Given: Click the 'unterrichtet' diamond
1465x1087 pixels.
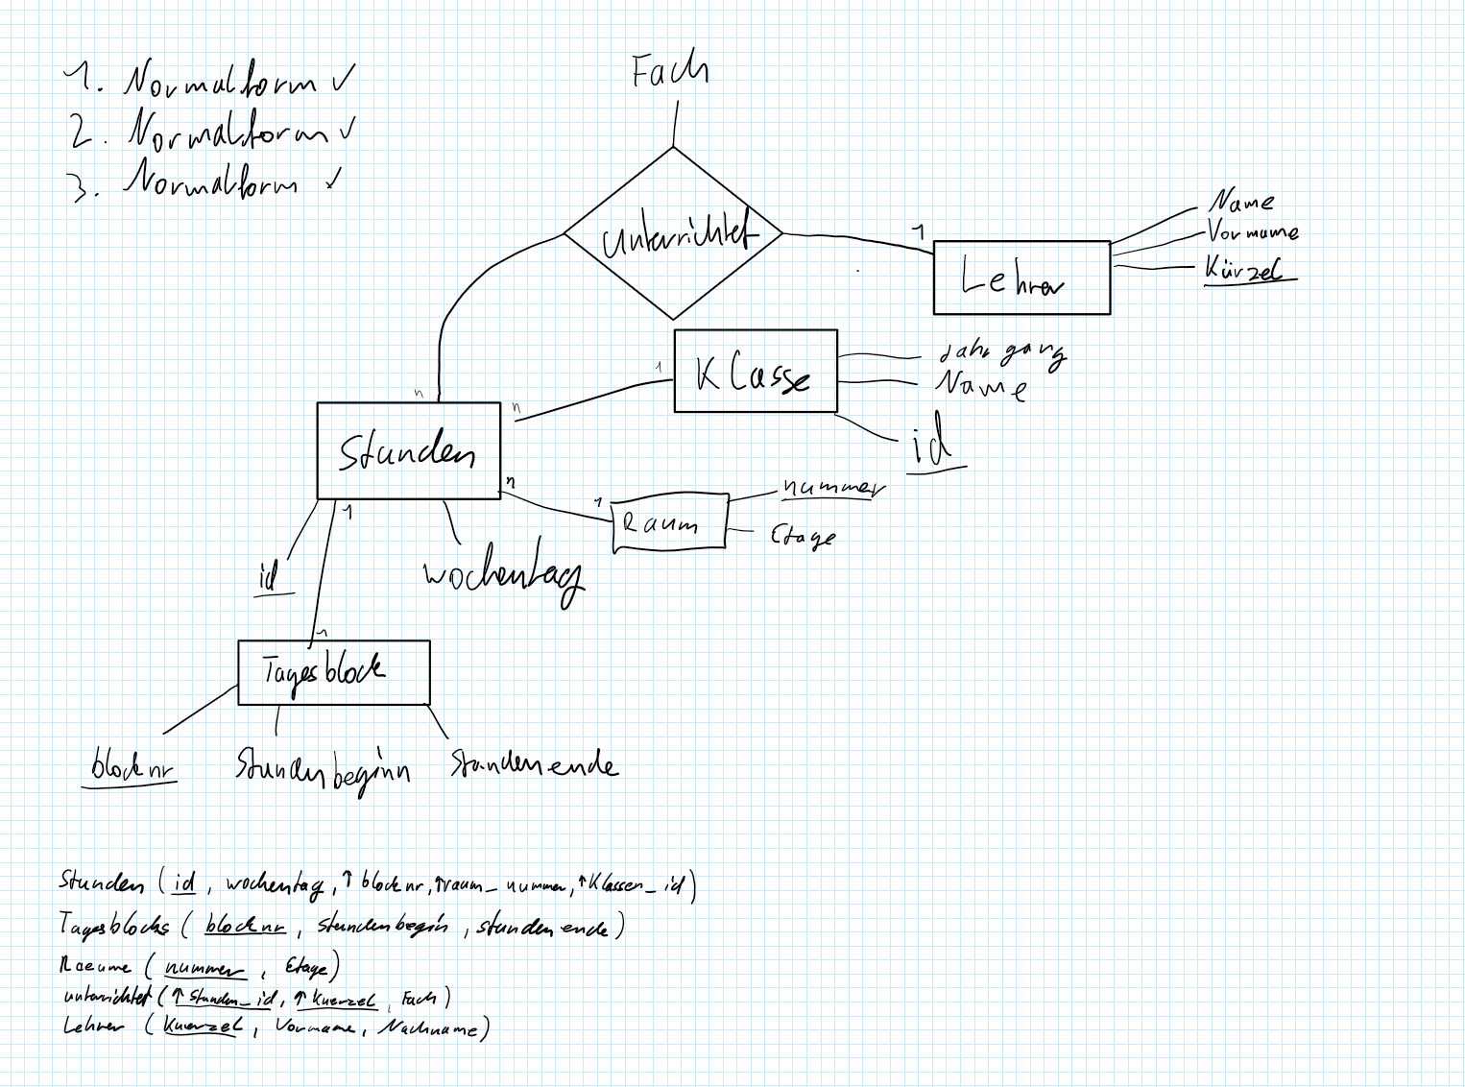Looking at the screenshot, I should pyautogui.click(x=673, y=233).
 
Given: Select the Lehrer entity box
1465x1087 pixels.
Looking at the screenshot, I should pyautogui.click(x=1021, y=278).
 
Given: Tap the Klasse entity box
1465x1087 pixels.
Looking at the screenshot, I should pyautogui.click(x=756, y=372).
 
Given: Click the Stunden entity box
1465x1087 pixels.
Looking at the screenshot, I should pyautogui.click(x=409, y=450).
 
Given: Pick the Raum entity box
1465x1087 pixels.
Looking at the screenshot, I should pyautogui.click(x=669, y=523).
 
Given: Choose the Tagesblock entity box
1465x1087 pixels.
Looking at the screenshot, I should pyautogui.click(x=333, y=672).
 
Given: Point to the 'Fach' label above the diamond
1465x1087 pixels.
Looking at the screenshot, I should pyautogui.click(x=669, y=71).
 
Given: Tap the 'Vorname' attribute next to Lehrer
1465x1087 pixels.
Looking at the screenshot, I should pyautogui.click(x=1252, y=232).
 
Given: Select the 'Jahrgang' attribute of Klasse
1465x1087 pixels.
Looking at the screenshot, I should pyautogui.click(x=1001, y=354).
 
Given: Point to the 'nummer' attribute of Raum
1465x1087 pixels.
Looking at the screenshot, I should pyautogui.click(x=831, y=488).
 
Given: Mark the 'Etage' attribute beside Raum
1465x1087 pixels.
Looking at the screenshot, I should pyautogui.click(x=803, y=536).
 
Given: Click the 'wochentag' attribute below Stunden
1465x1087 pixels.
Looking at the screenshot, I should pyautogui.click(x=503, y=573).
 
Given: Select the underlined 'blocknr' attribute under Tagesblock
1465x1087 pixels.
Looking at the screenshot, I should pyautogui.click(x=132, y=768).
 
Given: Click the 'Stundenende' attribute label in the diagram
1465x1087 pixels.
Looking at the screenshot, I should pyautogui.click(x=534, y=764).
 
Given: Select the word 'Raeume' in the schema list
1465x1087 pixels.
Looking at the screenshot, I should pyautogui.click(x=95, y=966).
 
